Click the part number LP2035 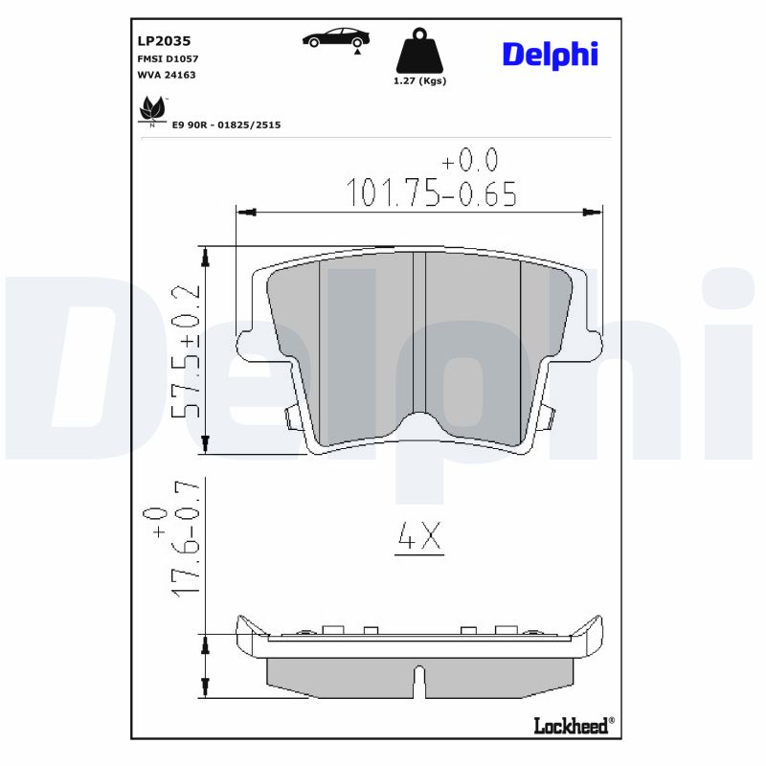pyautogui.click(x=164, y=41)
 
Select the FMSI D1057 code pyautogui.click(x=169, y=58)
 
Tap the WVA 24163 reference pyautogui.click(x=167, y=75)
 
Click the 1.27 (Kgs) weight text pyautogui.click(x=419, y=81)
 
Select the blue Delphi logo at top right pyautogui.click(x=550, y=55)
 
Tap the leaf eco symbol pyautogui.click(x=151, y=111)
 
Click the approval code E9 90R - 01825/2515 pyautogui.click(x=226, y=124)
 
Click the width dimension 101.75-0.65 pyautogui.click(x=431, y=193)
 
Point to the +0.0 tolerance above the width pyautogui.click(x=469, y=160)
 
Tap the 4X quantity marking pyautogui.click(x=419, y=539)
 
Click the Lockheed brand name pyautogui.click(x=571, y=727)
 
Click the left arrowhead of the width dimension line pyautogui.click(x=245, y=212)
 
